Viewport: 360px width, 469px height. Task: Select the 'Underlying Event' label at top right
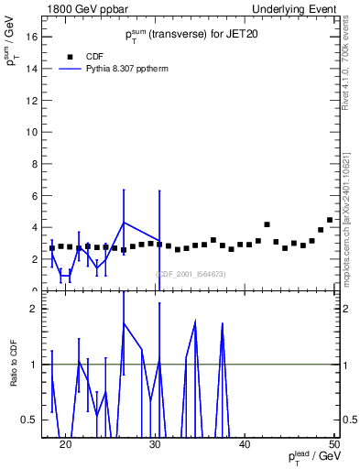tap(300, 6)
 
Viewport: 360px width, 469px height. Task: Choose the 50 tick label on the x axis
tap(333, 444)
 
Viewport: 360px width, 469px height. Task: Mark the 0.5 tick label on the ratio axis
tap(27, 420)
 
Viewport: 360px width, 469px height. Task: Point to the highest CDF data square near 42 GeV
tap(267, 224)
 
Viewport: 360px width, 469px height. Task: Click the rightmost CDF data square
tap(330, 220)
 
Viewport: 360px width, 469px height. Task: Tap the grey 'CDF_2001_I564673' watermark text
tap(191, 274)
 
